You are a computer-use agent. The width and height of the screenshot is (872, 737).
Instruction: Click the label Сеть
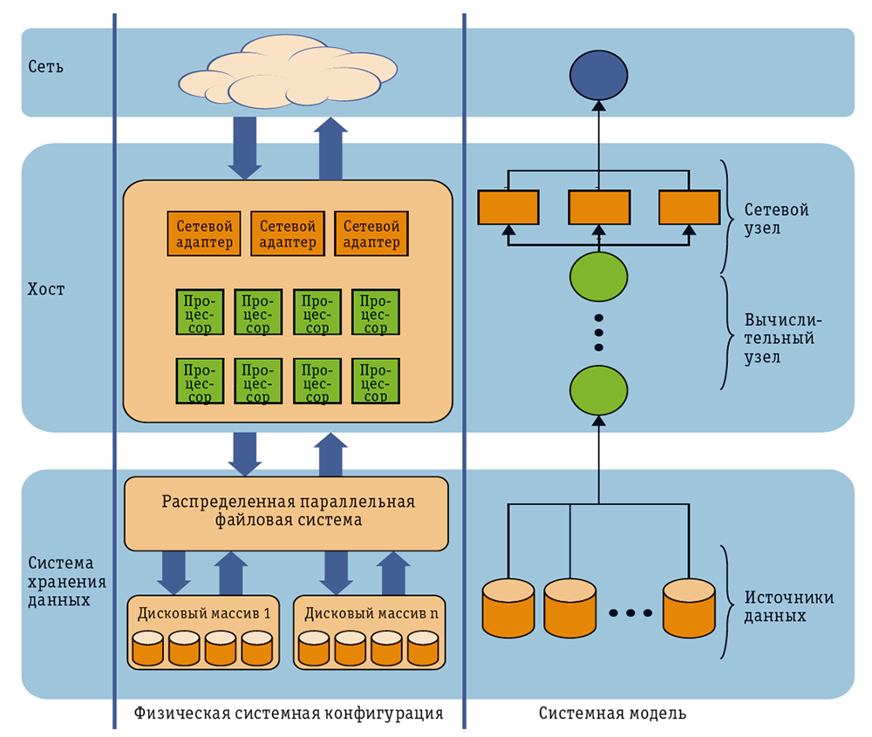(45, 66)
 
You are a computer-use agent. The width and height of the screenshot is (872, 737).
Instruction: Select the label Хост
(46, 289)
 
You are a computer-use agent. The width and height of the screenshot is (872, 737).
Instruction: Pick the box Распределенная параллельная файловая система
(287, 511)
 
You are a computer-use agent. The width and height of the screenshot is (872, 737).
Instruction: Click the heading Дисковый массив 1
(203, 613)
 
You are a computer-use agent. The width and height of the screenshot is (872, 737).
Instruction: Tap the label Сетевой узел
(776, 220)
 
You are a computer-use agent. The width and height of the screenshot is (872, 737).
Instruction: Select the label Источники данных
(788, 606)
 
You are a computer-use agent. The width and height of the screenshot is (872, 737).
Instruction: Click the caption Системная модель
(612, 713)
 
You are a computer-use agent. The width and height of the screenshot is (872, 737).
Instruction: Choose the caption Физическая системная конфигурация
(289, 713)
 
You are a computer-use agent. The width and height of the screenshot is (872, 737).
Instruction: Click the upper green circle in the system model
(599, 275)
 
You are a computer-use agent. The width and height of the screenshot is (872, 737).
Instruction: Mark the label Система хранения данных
(60, 582)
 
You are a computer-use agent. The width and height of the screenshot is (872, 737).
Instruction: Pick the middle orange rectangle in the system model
(599, 207)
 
